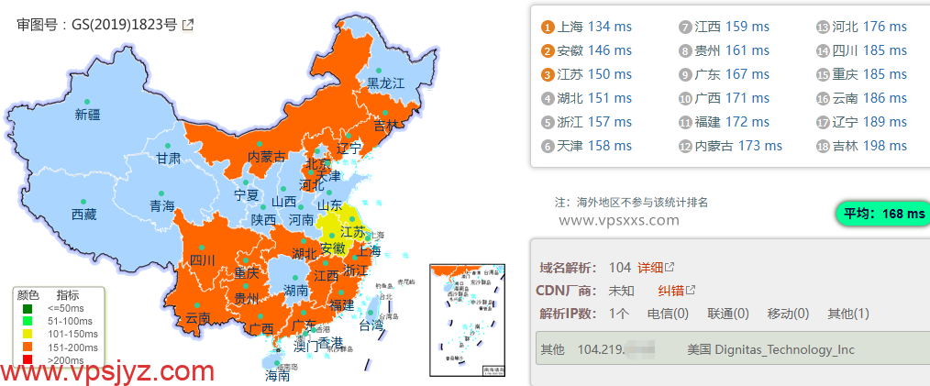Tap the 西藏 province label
pyautogui.click(x=83, y=215)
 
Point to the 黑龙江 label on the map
pyautogui.click(x=385, y=83)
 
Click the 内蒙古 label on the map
pyautogui.click(x=267, y=157)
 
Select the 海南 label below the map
pyautogui.click(x=277, y=375)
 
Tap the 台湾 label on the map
pyautogui.click(x=371, y=325)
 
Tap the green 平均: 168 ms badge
pyautogui.click(x=883, y=214)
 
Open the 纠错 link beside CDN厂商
pyautogui.click(x=671, y=291)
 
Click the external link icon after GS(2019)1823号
pyautogui.click(x=188, y=25)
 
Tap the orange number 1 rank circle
pyautogui.click(x=548, y=27)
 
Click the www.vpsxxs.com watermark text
pyautogui.click(x=619, y=220)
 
